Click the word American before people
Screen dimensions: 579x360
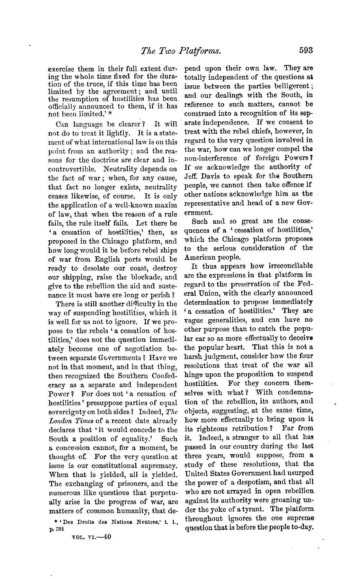click(199, 257)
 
